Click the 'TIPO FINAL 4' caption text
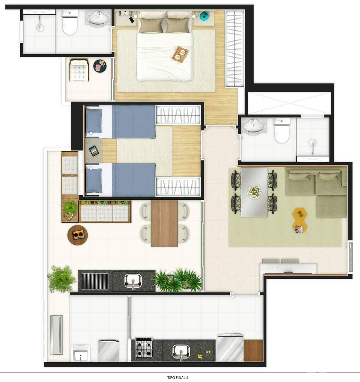coord(180,377)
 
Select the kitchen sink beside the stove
coord(181,351)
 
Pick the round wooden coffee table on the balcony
coord(78,235)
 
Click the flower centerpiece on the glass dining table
coord(254,191)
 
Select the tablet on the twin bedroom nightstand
coord(94,151)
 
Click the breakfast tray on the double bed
coord(181,54)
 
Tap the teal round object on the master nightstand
coord(204,16)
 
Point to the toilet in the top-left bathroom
coord(70,24)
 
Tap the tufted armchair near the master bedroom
coord(79,70)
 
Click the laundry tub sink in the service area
coord(81,353)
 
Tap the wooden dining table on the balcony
coord(164,223)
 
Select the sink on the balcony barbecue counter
coord(133,281)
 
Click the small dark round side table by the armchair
coord(100,66)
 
